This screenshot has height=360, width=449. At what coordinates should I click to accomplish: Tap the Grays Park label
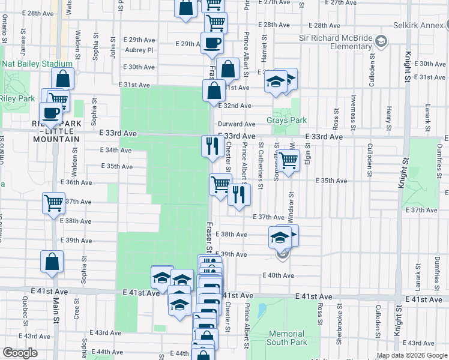pos(290,120)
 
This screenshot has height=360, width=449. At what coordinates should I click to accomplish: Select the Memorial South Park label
pos(288,338)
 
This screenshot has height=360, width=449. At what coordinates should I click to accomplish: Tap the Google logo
pos(20,352)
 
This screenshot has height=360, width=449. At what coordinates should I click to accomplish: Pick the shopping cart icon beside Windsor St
pos(288,160)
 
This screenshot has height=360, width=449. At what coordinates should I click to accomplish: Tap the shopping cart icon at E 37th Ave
pos(53,203)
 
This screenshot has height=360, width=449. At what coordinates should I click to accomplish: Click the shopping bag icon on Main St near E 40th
pos(52,261)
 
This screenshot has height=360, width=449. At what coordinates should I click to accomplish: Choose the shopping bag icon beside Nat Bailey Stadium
pos(62,79)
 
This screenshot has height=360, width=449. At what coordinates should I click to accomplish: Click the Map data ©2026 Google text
pos(412,355)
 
